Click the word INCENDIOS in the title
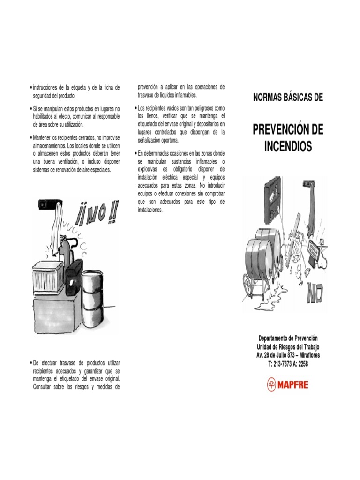pos(288,146)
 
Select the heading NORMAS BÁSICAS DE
pos(288,98)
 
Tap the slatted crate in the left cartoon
pos(48,277)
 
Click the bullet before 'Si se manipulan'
pos(30,109)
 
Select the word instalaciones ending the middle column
pos(150,210)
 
